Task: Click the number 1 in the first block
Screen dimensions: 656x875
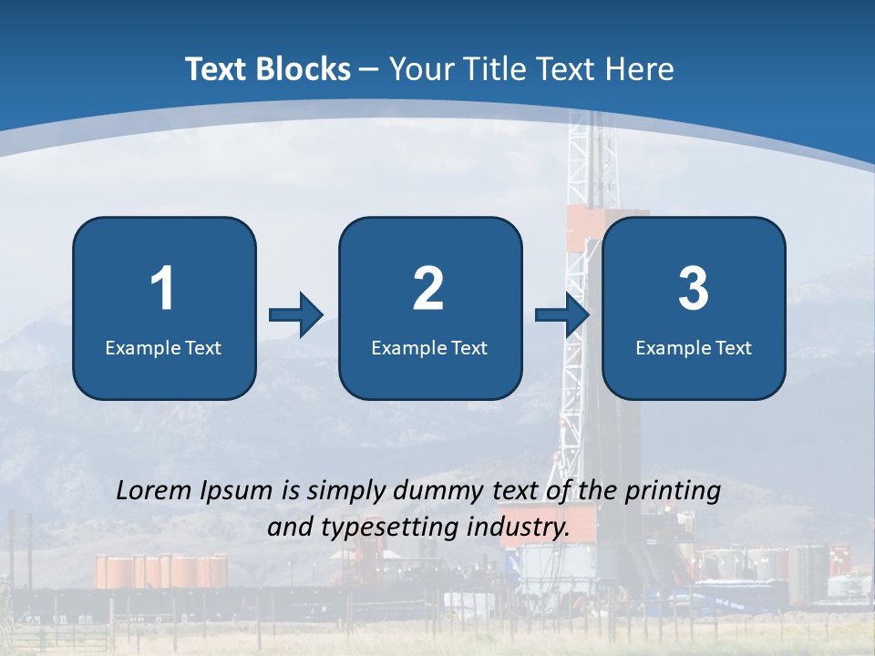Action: (x=162, y=289)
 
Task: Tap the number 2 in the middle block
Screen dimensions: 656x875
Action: (x=428, y=289)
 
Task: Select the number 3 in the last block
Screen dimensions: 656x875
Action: (x=694, y=289)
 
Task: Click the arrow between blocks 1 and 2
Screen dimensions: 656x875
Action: (x=295, y=315)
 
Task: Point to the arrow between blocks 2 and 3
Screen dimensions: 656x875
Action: (x=561, y=315)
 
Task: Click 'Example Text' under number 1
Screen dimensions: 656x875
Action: (x=163, y=348)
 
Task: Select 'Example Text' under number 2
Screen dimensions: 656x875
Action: (x=429, y=348)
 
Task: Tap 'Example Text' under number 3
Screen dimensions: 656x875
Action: (x=694, y=348)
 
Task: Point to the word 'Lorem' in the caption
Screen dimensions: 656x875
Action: (x=154, y=490)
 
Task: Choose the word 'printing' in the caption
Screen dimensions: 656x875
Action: (x=673, y=492)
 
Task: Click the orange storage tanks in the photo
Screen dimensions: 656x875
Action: (x=161, y=571)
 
